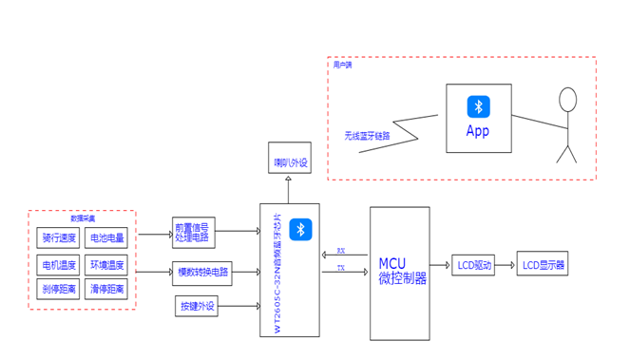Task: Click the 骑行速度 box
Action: coord(59,237)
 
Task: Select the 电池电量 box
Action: coord(106,237)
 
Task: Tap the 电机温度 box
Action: coord(59,263)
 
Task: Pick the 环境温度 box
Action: coord(106,263)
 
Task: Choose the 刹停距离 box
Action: coord(59,288)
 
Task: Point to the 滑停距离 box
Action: coord(106,288)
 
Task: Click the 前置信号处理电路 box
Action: coord(193,231)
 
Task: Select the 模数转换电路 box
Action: coord(201,272)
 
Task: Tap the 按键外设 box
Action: coord(198,306)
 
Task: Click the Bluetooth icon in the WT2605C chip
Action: coord(300,229)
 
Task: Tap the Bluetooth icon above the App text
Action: coord(478,106)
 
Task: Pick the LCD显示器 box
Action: coord(544,265)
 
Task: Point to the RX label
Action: coord(341,252)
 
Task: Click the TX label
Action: coord(341,269)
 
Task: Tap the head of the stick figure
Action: coord(568,99)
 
